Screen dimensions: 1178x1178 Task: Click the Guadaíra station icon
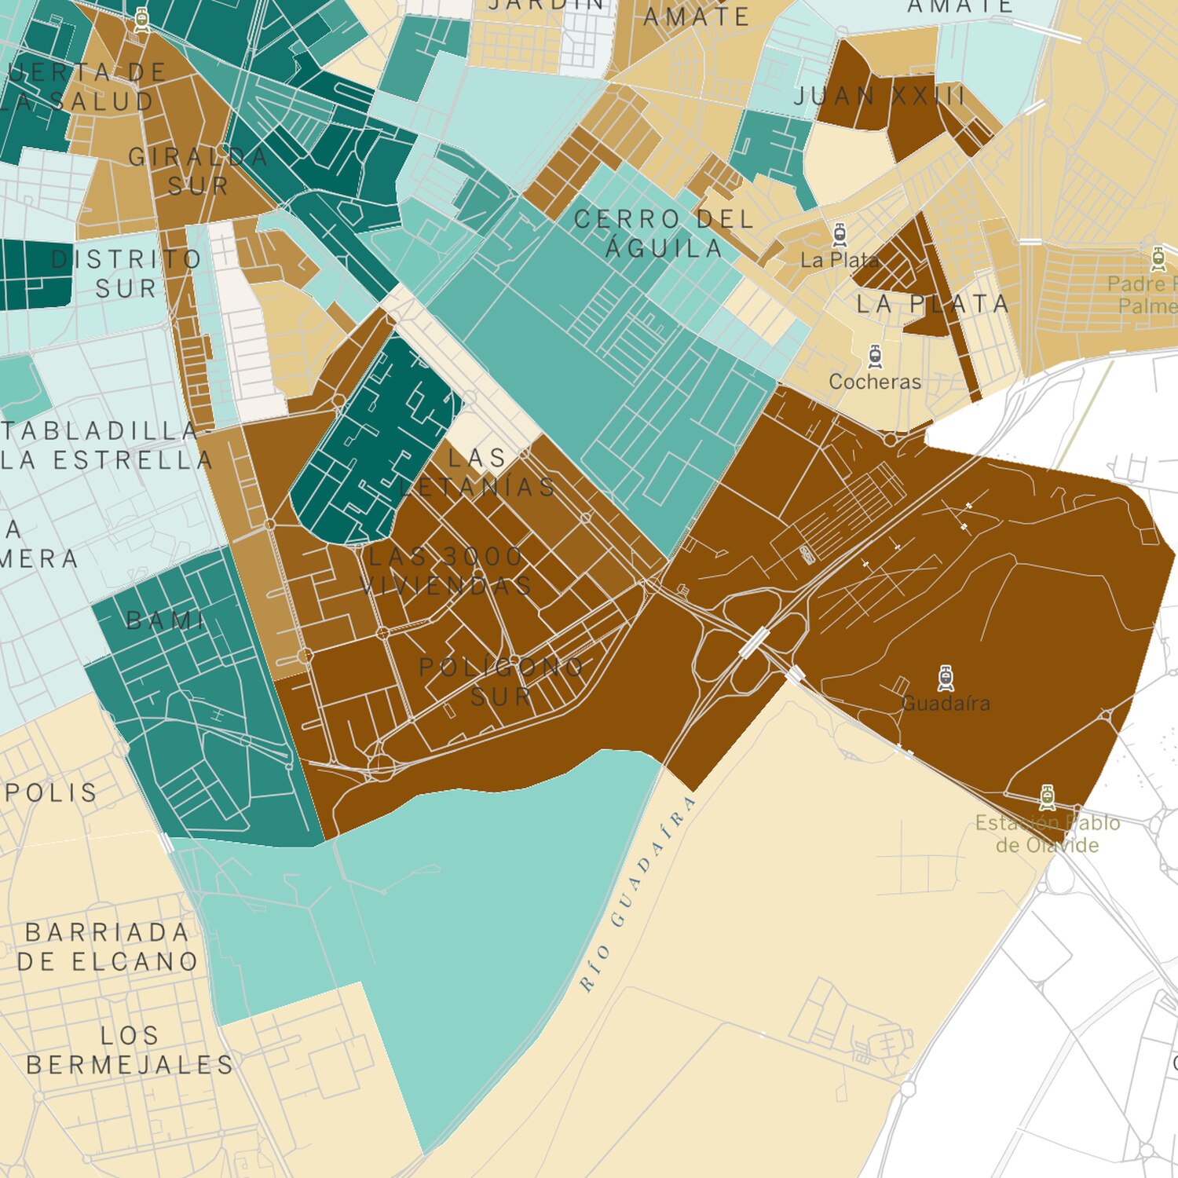coord(946,678)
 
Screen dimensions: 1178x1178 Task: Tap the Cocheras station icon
coord(875,357)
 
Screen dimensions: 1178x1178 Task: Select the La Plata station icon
coord(840,234)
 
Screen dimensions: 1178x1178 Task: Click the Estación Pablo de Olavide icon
coord(1047,796)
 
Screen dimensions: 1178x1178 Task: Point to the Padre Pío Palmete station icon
coord(1158,258)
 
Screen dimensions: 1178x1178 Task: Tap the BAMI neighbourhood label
coord(166,621)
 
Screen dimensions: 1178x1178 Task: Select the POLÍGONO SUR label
coord(502,682)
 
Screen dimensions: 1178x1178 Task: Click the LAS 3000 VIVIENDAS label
coord(445,571)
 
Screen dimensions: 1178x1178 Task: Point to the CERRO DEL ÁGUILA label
coord(664,233)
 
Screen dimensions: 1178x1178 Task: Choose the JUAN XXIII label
coord(880,97)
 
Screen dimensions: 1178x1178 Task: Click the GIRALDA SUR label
coord(198,171)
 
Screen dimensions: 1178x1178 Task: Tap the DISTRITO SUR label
coord(126,273)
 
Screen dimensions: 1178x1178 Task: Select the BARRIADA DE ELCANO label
coord(108,946)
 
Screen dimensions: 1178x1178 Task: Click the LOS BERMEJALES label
coord(130,1050)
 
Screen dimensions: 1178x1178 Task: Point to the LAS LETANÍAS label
coord(477,472)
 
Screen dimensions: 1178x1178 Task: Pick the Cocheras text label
coord(875,382)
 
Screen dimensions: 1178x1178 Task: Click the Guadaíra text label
coord(946,703)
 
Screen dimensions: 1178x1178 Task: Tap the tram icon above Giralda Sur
coord(141,20)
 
